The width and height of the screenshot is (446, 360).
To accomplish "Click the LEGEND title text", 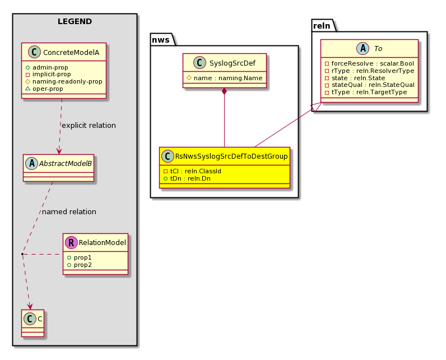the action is tap(75, 22).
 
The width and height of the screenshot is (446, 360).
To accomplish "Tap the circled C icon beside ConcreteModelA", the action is tap(34, 52).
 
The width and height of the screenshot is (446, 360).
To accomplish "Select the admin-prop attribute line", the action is tap(47, 67).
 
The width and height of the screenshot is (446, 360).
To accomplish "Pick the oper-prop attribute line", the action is tap(44, 89).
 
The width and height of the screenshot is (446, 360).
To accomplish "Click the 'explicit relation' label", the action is tap(89, 126).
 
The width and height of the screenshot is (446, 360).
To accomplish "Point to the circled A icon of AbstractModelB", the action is tap(31, 163).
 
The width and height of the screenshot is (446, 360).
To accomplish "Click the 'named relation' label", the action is tap(69, 212).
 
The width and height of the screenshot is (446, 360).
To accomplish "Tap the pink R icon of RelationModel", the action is tap(71, 242).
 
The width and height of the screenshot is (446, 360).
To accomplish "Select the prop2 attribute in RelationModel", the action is tap(80, 265).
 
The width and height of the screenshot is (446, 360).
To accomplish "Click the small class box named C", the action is tap(32, 323).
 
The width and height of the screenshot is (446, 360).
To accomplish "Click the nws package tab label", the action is tap(161, 40).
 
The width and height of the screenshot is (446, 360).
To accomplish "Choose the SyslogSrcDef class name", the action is tap(233, 63).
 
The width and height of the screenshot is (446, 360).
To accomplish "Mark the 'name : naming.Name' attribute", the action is tap(225, 78).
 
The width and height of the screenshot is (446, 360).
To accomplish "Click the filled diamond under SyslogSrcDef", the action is tap(225, 91).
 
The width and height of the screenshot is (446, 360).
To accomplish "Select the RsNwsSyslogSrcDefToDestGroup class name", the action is tap(231, 156).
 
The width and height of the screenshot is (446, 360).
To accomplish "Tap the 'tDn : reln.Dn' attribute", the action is tap(187, 178).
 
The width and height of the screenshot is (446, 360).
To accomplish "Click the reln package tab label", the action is tap(322, 26).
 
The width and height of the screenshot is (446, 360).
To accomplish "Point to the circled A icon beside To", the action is tap(363, 48).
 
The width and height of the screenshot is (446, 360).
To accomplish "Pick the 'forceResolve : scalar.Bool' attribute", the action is tap(369, 63).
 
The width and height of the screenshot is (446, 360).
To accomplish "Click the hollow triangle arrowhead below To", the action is tap(317, 107).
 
